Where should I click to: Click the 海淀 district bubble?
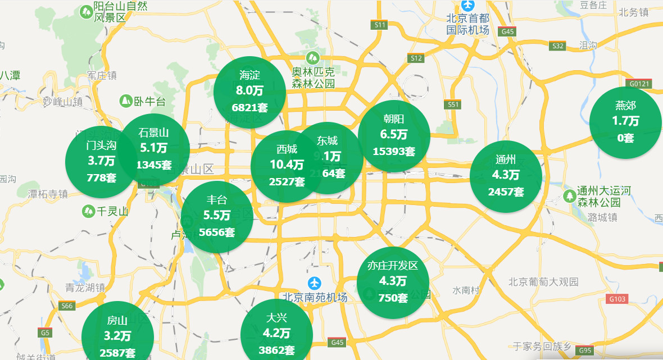pos(250,92)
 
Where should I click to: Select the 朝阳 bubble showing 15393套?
pos(394,136)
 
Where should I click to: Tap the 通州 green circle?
pos(506,176)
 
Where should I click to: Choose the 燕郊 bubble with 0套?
pos(625,122)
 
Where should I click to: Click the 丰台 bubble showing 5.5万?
pos(217,216)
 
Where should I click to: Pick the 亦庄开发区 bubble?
pos(393,282)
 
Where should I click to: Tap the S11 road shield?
pos(380,25)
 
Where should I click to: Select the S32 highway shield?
pos(557,46)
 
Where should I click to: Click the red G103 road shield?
pos(617,299)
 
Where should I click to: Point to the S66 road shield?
pos(67,306)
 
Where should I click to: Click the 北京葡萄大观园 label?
pos(543,282)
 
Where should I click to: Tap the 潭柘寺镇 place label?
pos(48,194)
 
